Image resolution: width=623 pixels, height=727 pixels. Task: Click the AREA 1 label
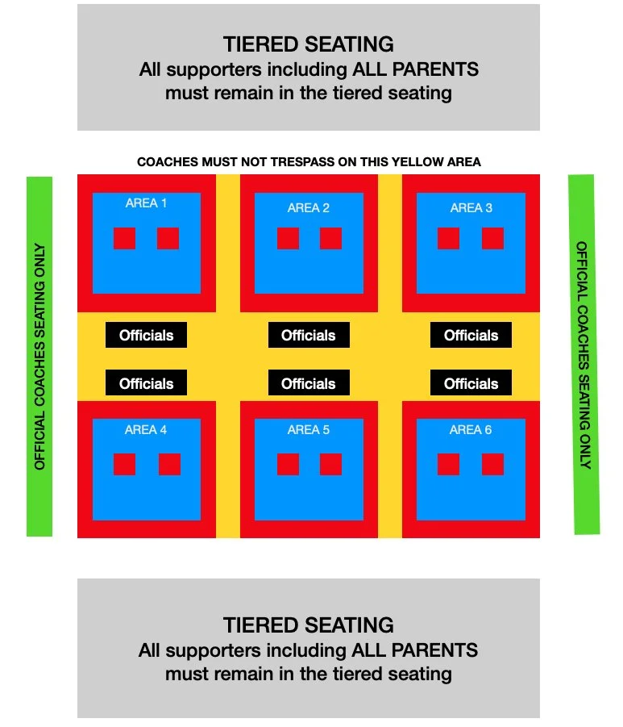pos(146,203)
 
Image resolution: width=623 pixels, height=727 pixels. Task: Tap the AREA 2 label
pos(309,208)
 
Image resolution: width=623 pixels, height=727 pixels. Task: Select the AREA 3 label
pos(471,208)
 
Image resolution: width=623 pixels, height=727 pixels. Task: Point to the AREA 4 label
pos(146,430)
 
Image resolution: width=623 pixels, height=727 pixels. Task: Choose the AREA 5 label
pos(309,430)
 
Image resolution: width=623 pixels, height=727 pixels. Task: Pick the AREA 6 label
pos(471,430)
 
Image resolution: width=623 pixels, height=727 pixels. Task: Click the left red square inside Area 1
pos(124,238)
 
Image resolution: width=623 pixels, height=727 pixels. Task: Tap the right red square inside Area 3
pos(492,238)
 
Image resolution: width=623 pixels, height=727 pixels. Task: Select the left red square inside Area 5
pos(288,464)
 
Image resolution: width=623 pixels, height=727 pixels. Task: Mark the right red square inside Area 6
pos(492,464)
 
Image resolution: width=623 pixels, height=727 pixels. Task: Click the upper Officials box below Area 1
pos(146,335)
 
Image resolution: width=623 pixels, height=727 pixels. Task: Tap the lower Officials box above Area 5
pos(309,383)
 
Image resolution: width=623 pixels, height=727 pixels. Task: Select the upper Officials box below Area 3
pos(471,335)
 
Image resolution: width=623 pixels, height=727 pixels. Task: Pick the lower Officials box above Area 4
pos(146,383)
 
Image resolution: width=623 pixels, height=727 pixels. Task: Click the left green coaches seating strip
pos(39,356)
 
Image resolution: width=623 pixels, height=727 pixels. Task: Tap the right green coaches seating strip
pos(584,354)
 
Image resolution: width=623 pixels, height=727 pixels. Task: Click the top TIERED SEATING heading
pos(309,44)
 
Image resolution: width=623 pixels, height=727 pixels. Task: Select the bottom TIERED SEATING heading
pos(309,625)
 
